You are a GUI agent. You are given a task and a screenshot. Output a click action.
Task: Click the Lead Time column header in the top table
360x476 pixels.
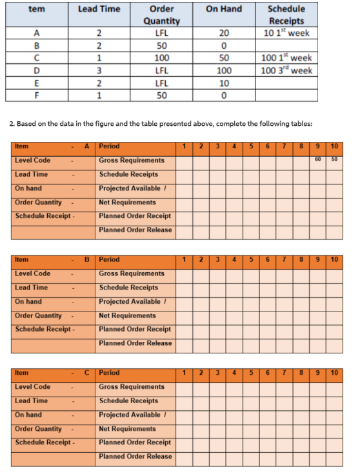(99, 9)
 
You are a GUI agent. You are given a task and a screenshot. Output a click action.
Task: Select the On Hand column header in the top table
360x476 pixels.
(224, 9)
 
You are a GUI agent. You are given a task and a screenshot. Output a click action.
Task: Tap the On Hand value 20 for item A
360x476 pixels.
(224, 33)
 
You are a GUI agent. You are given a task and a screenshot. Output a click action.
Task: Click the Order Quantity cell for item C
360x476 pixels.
(161, 58)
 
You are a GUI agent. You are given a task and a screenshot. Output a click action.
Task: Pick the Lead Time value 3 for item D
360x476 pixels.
(99, 70)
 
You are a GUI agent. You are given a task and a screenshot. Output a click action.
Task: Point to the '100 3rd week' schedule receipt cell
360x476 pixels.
(286, 70)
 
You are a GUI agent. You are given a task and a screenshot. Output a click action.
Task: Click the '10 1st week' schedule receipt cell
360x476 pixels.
(286, 33)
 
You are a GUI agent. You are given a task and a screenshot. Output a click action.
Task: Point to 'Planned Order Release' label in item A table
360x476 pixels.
(135, 230)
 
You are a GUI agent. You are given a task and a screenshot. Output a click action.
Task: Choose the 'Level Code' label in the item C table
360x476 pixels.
(32, 387)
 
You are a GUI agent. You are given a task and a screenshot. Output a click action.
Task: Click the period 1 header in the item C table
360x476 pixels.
(185, 373)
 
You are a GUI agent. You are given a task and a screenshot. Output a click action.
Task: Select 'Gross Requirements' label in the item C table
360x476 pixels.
(132, 387)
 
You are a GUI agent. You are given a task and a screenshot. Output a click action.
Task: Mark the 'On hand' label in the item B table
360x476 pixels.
(28, 301)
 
